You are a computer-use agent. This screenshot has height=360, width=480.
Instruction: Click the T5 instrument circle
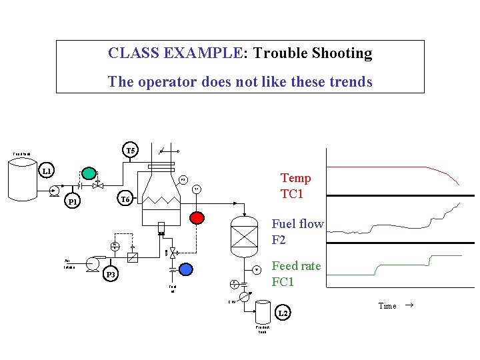(x=131, y=151)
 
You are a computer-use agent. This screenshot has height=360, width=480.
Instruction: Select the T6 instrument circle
(x=124, y=199)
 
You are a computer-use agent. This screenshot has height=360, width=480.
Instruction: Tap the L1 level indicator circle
(x=46, y=171)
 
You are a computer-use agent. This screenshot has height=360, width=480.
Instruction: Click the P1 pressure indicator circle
(x=73, y=202)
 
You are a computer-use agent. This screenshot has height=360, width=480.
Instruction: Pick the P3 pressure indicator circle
(x=111, y=274)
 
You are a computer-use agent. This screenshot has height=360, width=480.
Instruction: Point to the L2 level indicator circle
(x=283, y=313)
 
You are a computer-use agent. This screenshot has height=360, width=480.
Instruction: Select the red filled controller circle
(x=196, y=217)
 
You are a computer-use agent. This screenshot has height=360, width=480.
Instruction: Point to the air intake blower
(x=97, y=261)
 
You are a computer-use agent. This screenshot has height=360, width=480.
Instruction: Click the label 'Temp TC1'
(x=296, y=185)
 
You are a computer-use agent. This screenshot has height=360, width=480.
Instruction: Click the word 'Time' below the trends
(x=387, y=306)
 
